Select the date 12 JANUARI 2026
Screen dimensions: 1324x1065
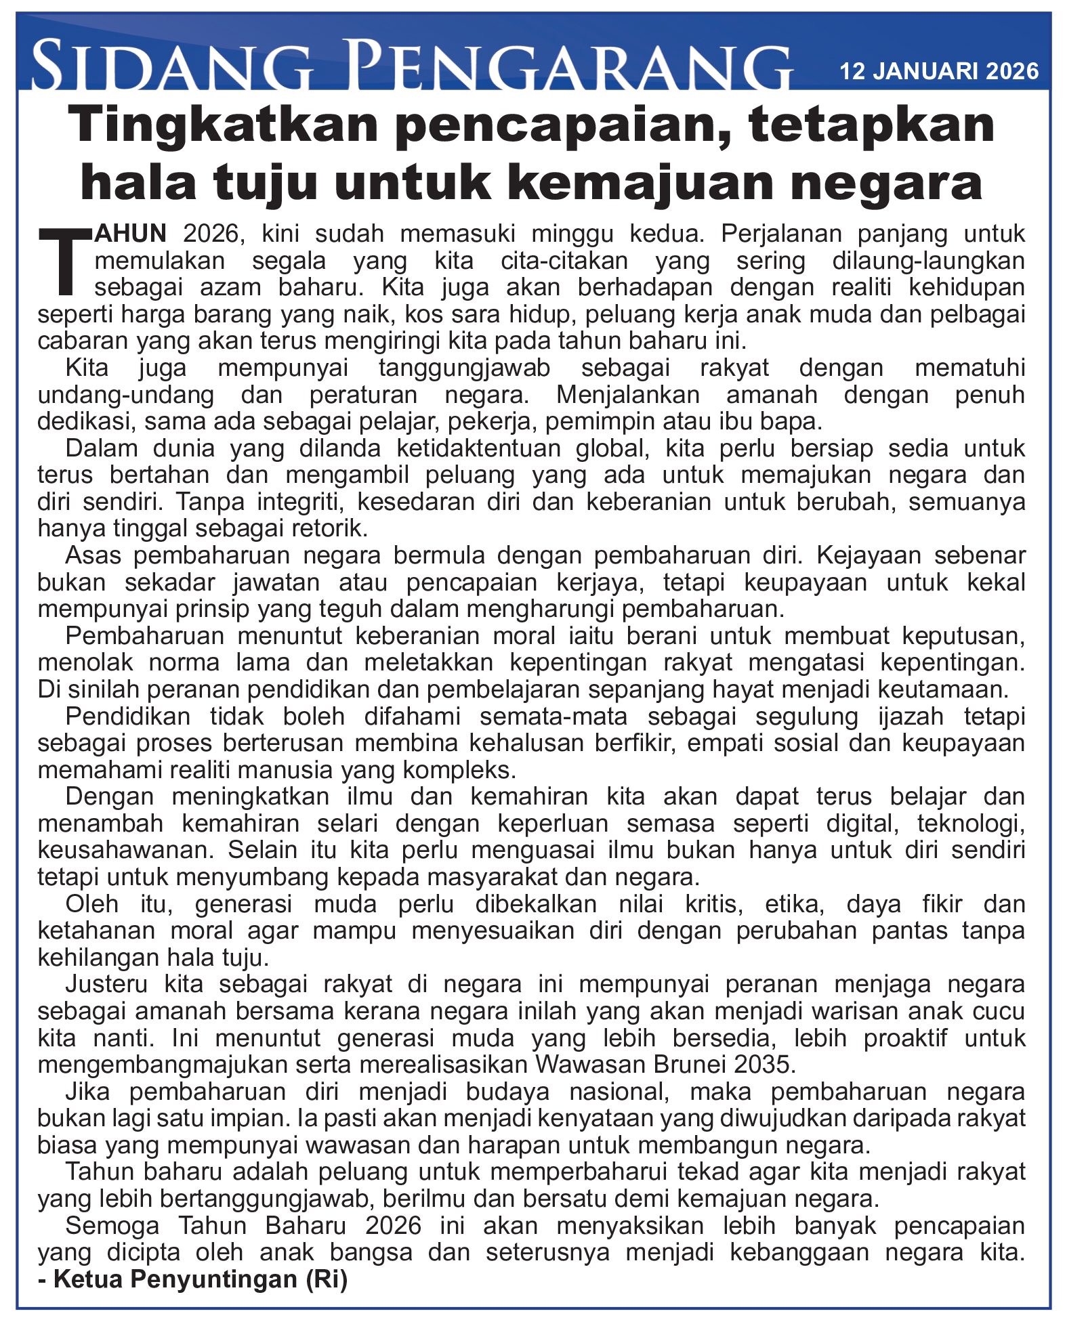tap(939, 71)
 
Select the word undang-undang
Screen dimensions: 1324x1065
tap(126, 395)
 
